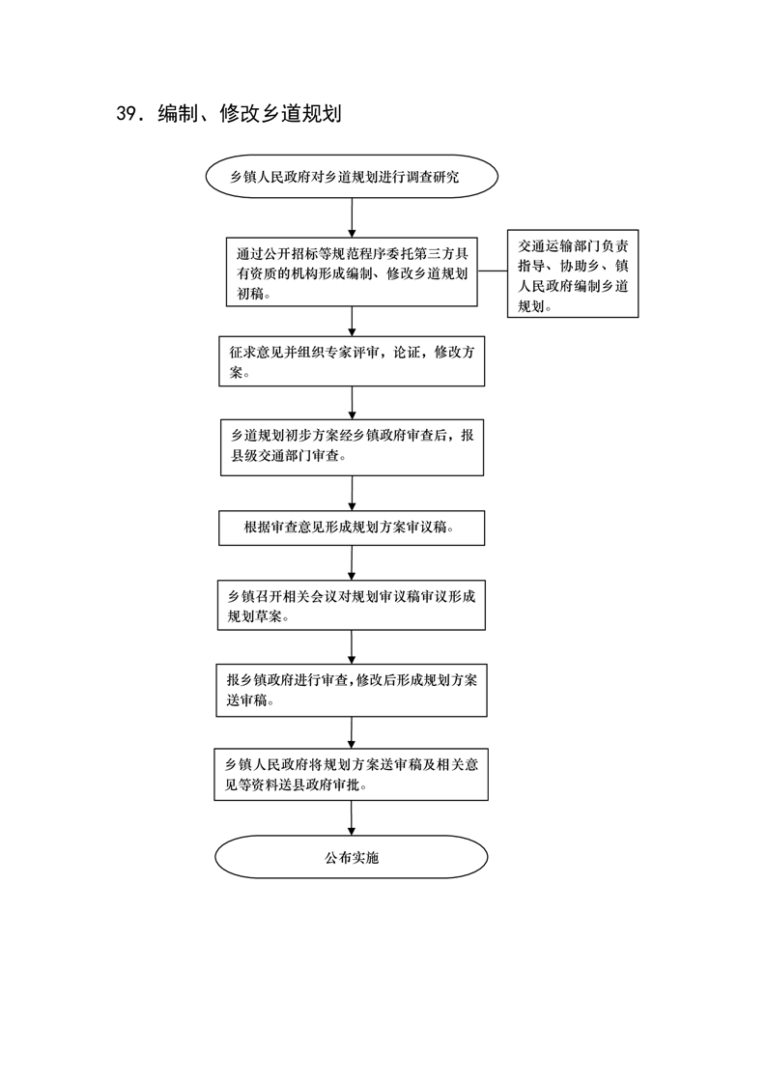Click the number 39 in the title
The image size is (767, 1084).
point(127,114)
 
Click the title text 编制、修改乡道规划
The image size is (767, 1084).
point(249,114)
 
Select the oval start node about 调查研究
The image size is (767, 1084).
point(352,176)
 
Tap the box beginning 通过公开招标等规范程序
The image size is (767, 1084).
point(352,272)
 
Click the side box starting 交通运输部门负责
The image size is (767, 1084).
point(573,273)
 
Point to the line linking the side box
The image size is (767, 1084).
point(493,271)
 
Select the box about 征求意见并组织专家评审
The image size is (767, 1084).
point(352,361)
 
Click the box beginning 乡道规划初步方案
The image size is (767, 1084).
point(352,447)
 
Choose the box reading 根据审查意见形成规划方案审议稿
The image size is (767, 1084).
point(352,528)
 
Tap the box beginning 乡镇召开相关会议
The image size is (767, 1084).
point(352,605)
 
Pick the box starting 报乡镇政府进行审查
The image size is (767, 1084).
point(352,691)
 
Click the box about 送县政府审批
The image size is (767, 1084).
point(351,774)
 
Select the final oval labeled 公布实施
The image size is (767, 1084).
point(351,857)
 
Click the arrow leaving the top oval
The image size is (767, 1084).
point(352,218)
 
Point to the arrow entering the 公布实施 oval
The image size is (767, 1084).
point(352,818)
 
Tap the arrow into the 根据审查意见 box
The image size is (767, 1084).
point(352,493)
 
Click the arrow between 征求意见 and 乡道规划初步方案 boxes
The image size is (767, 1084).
point(352,403)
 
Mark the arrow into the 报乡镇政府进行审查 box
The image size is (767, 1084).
point(352,647)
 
